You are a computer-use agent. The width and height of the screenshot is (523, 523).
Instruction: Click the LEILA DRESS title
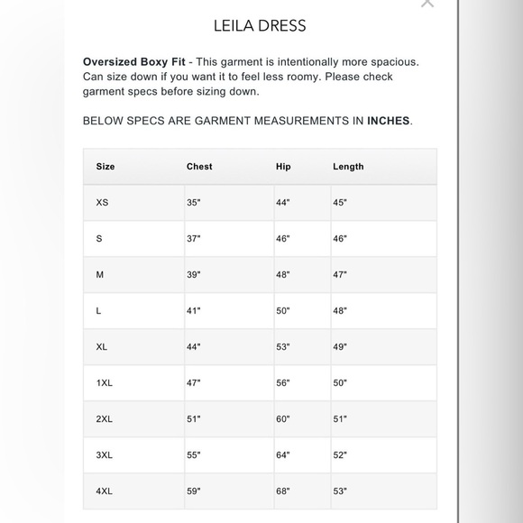pyautogui.click(x=260, y=25)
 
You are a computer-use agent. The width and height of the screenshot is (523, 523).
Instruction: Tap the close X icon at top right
pyautogui.click(x=427, y=3)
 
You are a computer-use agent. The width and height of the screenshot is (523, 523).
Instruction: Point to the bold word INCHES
pyautogui.click(x=388, y=120)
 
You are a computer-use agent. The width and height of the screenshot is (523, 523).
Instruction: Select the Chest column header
pyautogui.click(x=199, y=167)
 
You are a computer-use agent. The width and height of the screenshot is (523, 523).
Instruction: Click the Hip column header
pyautogui.click(x=283, y=167)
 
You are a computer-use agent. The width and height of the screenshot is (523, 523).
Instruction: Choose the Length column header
pyautogui.click(x=348, y=167)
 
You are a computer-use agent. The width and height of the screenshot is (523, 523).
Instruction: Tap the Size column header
pyautogui.click(x=106, y=167)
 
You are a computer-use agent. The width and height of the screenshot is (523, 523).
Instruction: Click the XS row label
pyautogui.click(x=102, y=203)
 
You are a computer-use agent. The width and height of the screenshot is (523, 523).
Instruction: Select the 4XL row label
pyautogui.click(x=105, y=491)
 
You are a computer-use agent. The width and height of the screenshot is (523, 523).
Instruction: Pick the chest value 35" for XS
pyautogui.click(x=194, y=203)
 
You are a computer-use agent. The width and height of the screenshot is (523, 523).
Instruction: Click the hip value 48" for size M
pyautogui.click(x=283, y=275)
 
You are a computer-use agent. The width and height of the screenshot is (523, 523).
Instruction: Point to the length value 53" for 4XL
pyautogui.click(x=340, y=491)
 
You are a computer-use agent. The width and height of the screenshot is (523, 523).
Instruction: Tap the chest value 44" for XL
pyautogui.click(x=194, y=347)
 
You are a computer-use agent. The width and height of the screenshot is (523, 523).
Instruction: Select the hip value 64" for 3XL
pyautogui.click(x=283, y=455)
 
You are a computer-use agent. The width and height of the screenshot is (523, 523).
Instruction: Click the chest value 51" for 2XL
pyautogui.click(x=194, y=419)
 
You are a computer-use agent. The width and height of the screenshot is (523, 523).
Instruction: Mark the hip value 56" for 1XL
pyautogui.click(x=283, y=383)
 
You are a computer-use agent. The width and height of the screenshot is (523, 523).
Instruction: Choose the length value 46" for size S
pyautogui.click(x=340, y=239)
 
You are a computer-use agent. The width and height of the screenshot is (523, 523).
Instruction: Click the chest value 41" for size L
pyautogui.click(x=194, y=311)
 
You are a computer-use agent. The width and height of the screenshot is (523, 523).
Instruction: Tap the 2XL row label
pyautogui.click(x=105, y=419)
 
